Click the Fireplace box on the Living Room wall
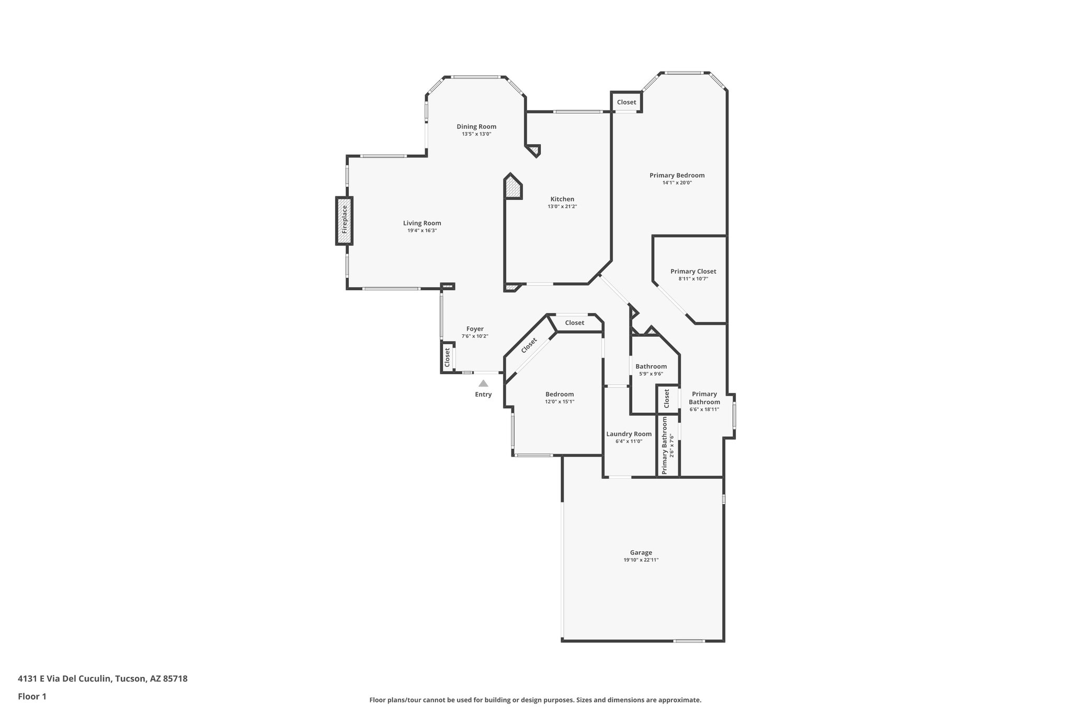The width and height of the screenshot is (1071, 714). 344,220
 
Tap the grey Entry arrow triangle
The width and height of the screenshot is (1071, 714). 483,383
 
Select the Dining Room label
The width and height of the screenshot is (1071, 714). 476,127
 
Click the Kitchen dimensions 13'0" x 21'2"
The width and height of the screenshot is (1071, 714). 562,207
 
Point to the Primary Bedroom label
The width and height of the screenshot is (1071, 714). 677,175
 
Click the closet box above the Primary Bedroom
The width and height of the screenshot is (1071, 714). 626,102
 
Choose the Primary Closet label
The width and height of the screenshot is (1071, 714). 693,271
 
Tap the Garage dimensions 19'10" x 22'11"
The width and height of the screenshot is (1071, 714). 641,560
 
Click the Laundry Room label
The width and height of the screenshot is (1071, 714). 629,434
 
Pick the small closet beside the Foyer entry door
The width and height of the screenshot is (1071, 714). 448,357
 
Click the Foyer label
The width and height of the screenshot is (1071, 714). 475,329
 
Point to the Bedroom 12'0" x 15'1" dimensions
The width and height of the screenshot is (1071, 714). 560,402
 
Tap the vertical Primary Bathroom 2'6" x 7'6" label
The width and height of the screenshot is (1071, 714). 668,445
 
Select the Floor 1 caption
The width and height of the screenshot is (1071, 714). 32,696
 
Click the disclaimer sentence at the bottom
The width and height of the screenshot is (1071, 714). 535,700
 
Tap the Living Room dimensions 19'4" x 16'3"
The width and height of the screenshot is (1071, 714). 421,231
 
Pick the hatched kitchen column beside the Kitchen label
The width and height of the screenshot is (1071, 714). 513,187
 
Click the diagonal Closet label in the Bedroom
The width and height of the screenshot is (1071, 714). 529,345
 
